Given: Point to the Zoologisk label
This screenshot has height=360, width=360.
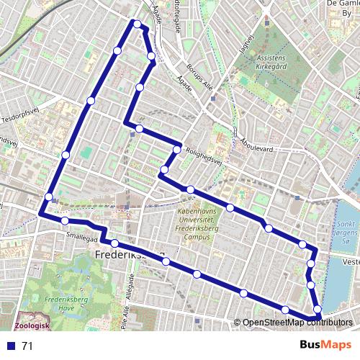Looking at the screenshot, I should click(32, 325).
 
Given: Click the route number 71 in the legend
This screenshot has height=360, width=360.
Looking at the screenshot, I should click(27, 346).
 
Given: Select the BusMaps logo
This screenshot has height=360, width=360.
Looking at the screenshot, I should click(321, 345).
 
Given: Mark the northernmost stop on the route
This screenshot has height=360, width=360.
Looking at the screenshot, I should click(136, 24).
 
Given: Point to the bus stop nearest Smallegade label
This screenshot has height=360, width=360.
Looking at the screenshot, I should click(65, 220).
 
